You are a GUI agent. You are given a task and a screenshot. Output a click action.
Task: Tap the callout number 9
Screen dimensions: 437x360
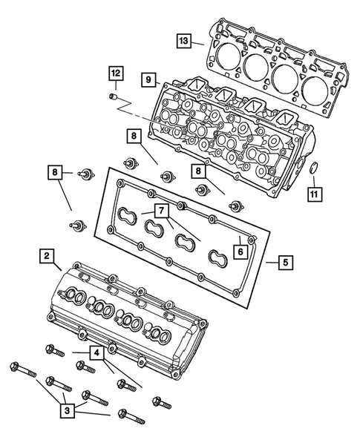(x=148, y=78)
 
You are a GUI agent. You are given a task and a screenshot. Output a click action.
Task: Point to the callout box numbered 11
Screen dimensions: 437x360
(x=315, y=195)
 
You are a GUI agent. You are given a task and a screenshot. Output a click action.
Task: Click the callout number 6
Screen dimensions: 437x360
(x=240, y=252)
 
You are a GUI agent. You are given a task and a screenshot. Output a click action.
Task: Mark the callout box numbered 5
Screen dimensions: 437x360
(x=286, y=262)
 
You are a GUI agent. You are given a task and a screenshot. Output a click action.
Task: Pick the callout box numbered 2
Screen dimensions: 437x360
(x=46, y=257)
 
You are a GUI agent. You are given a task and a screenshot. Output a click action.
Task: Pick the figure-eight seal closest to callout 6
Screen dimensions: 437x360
(x=217, y=257)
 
